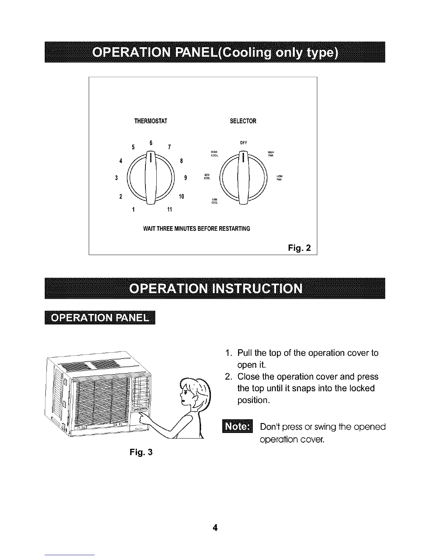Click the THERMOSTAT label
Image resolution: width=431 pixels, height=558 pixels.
(151, 122)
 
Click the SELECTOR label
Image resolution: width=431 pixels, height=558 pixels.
(243, 122)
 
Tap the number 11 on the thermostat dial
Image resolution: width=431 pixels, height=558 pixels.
(169, 210)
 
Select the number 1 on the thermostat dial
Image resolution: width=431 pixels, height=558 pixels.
(133, 210)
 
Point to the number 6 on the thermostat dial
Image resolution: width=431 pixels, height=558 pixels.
(151, 143)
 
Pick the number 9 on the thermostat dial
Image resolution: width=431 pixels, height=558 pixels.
(185, 178)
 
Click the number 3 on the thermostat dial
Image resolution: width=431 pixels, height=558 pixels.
(116, 178)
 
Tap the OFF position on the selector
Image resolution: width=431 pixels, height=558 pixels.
(243, 143)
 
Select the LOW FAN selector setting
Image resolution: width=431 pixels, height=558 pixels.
(279, 178)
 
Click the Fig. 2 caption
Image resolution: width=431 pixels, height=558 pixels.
(299, 248)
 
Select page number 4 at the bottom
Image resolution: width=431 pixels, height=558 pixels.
(215, 518)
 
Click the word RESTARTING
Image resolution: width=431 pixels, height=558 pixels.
(235, 229)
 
